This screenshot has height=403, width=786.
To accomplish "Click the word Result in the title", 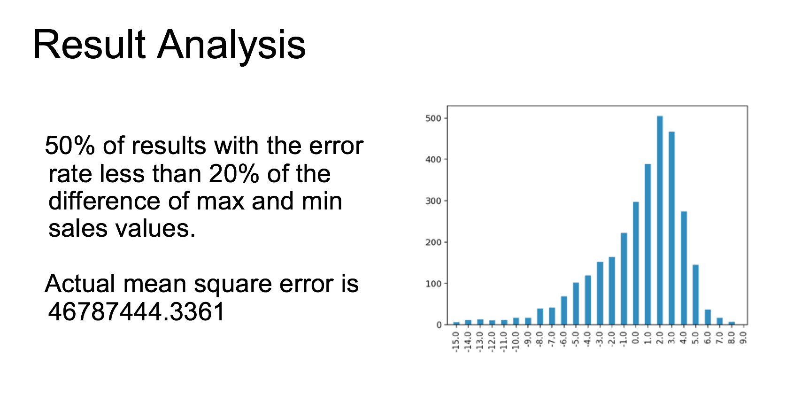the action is click(x=89, y=45).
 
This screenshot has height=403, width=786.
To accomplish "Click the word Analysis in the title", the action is click(x=231, y=46).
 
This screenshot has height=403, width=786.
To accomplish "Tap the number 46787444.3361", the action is click(x=136, y=312).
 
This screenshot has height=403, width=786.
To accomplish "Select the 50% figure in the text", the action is click(x=70, y=145).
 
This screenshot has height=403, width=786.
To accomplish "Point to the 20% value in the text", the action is click(x=234, y=173).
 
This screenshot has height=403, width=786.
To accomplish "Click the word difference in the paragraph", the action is click(x=104, y=201).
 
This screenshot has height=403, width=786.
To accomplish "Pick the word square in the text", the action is click(x=232, y=284).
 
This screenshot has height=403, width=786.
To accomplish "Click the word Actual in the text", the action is click(x=80, y=283).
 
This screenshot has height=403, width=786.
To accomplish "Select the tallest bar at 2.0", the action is click(x=660, y=220).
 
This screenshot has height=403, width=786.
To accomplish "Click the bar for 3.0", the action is click(x=671, y=228).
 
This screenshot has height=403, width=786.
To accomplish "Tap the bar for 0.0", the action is click(x=636, y=263).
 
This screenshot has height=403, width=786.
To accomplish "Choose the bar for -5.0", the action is click(x=576, y=303).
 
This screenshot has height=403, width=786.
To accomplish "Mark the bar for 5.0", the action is click(x=695, y=294).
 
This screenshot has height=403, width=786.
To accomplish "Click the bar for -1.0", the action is click(x=624, y=279).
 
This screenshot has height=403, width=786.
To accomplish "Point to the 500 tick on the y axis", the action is click(x=433, y=118).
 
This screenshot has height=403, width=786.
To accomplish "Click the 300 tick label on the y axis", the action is click(x=433, y=201).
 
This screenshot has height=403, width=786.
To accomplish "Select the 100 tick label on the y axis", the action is click(x=433, y=284).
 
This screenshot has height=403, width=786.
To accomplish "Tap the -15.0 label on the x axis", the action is click(x=456, y=341).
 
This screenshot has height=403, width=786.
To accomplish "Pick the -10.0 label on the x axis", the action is click(x=516, y=341).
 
